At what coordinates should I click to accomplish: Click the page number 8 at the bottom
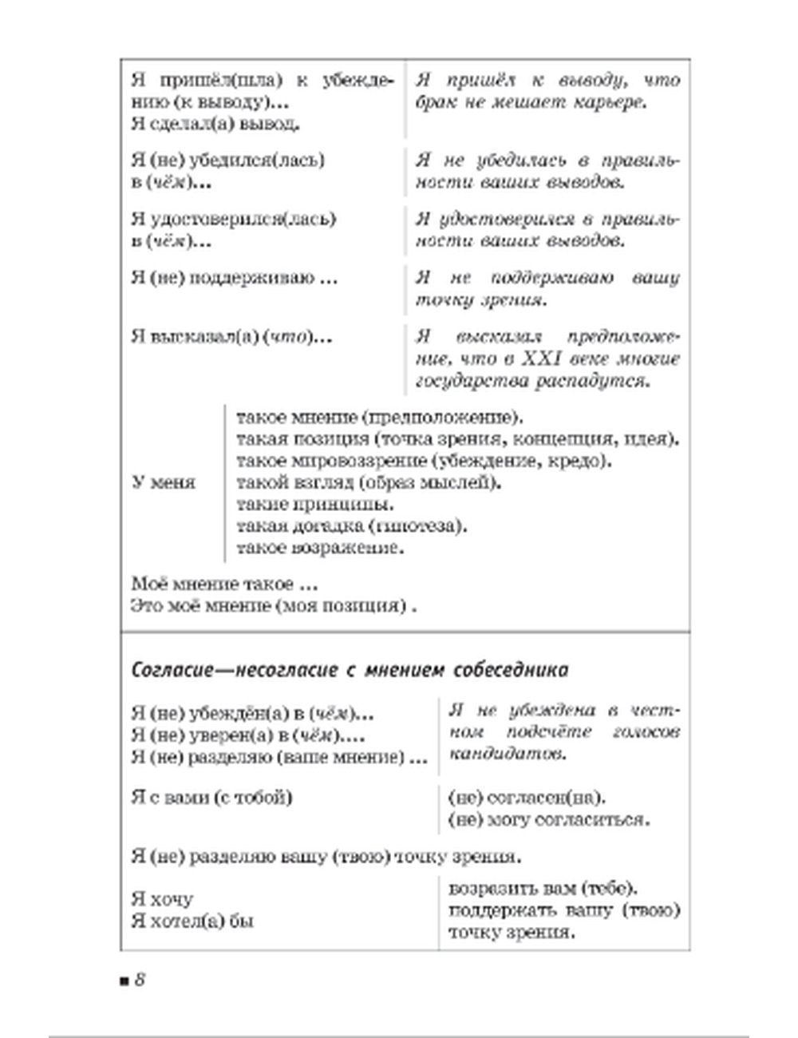pos(139,980)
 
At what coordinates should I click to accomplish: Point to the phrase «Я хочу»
pos(162,899)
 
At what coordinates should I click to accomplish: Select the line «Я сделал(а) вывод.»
pos(215,124)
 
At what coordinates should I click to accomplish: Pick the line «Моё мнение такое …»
pos(219,584)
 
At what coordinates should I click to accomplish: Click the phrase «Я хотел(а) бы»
pos(192,921)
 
